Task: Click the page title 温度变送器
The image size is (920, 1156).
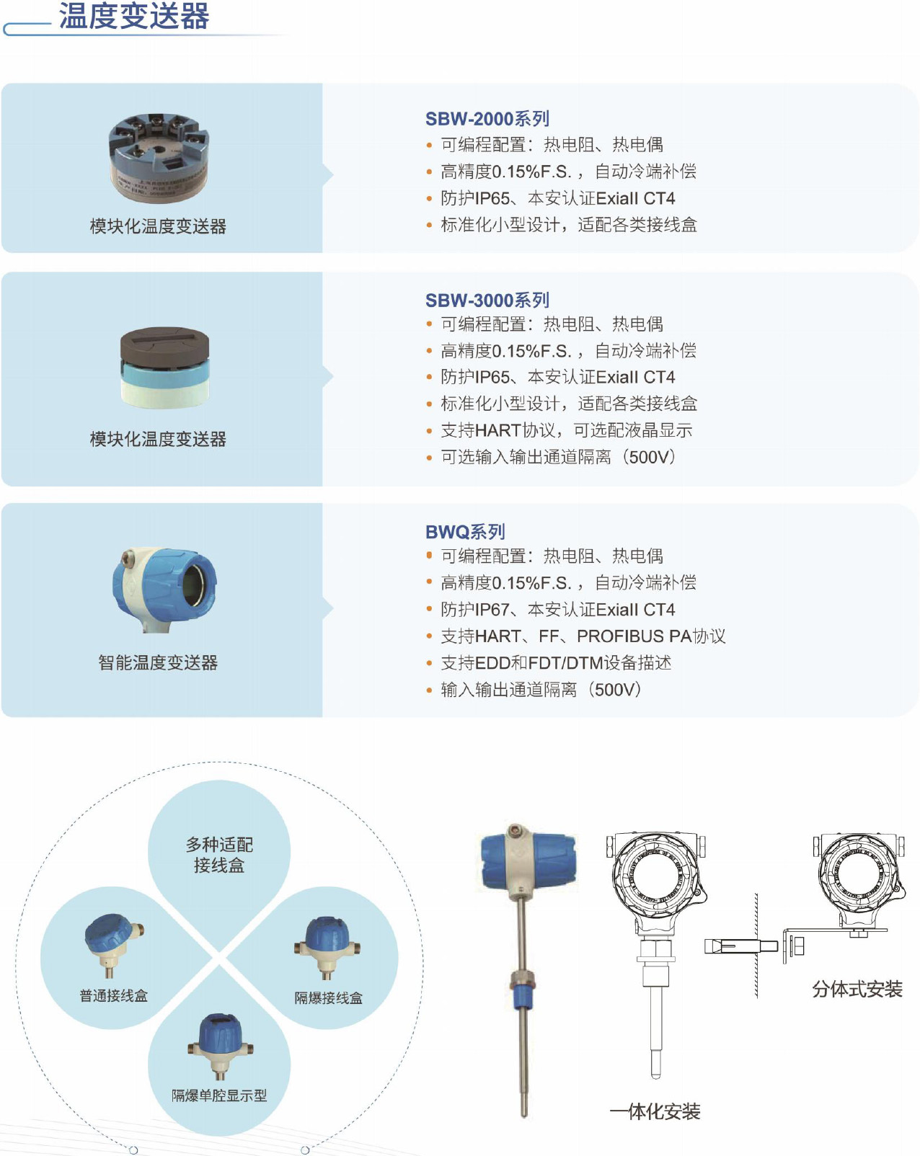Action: pyautogui.click(x=134, y=16)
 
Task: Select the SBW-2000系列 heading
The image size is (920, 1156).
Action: pyautogui.click(x=487, y=119)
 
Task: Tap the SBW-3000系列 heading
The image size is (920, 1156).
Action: pyautogui.click(x=487, y=301)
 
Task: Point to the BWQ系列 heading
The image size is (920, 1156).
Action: pyautogui.click(x=465, y=532)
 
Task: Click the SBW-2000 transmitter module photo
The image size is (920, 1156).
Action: pyautogui.click(x=159, y=156)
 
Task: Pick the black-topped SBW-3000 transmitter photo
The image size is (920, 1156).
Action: pyautogui.click(x=165, y=368)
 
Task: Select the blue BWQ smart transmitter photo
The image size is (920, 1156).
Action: pyautogui.click(x=164, y=590)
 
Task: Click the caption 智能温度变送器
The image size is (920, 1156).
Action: pyautogui.click(x=158, y=662)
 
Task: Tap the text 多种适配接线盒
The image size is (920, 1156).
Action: pyautogui.click(x=219, y=855)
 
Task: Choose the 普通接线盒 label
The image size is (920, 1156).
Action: pyautogui.click(x=113, y=996)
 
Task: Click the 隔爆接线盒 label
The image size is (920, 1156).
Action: pyautogui.click(x=328, y=997)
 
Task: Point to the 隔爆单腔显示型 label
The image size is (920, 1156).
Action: pyautogui.click(x=219, y=1095)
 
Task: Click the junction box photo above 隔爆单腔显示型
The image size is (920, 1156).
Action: pyautogui.click(x=221, y=1046)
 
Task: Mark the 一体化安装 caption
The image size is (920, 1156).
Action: pyautogui.click(x=655, y=1111)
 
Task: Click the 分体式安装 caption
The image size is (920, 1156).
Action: pyautogui.click(x=857, y=989)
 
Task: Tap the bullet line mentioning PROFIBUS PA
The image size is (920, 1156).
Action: pyautogui.click(x=575, y=636)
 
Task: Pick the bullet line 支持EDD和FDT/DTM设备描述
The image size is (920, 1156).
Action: pyautogui.click(x=548, y=663)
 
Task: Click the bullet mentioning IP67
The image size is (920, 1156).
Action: pyautogui.click(x=550, y=609)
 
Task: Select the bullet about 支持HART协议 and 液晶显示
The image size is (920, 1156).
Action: pyautogui.click(x=559, y=430)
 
